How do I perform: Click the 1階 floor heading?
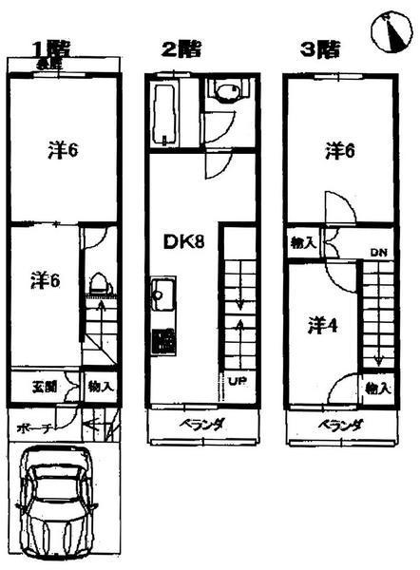tap(49, 47)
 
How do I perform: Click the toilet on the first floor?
tap(98, 284)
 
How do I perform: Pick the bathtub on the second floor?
tap(162, 112)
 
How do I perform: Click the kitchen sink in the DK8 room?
tap(162, 293)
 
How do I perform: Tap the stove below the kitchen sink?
tap(162, 339)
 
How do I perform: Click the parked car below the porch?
tap(59, 504)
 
